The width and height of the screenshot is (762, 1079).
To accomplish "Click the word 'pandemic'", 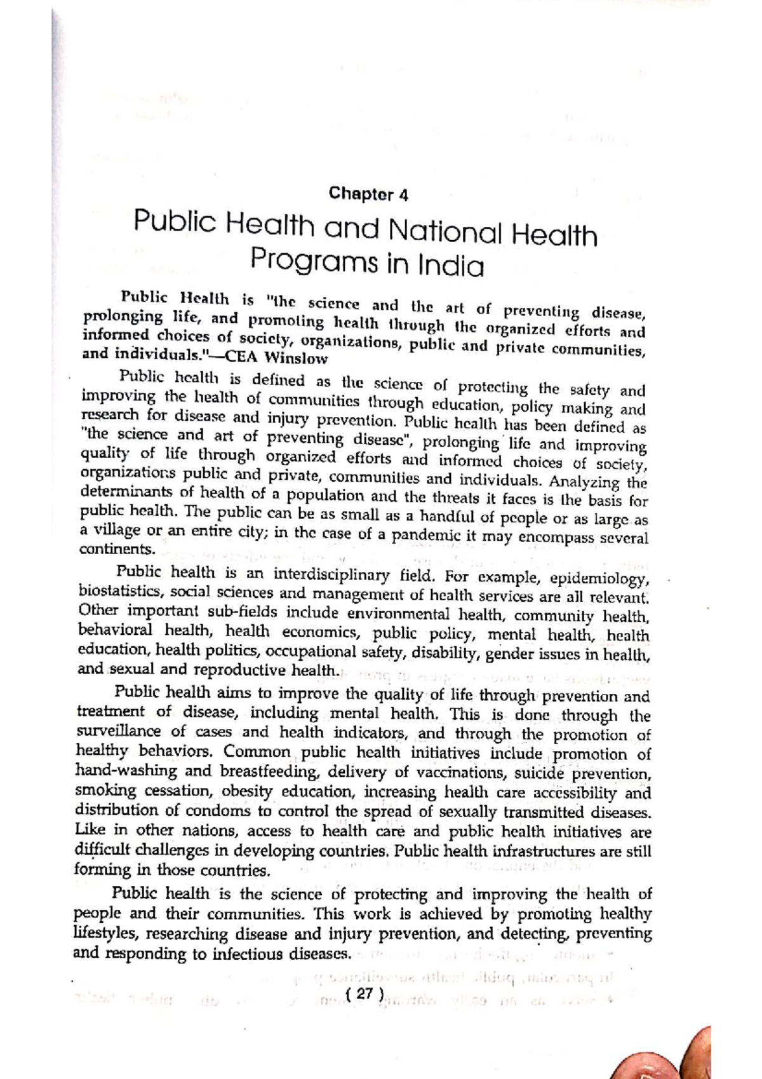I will tap(428, 535).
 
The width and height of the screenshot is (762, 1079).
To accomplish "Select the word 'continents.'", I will tap(117, 549).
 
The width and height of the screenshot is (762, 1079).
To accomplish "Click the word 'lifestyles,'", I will tap(110, 934).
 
